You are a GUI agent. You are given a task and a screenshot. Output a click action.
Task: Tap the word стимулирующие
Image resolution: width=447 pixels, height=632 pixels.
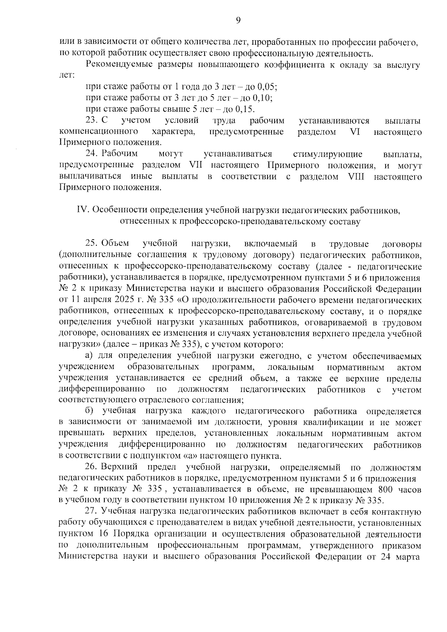coord(328,154)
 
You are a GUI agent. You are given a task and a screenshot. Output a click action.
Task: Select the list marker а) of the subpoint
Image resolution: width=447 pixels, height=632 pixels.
coord(89,356)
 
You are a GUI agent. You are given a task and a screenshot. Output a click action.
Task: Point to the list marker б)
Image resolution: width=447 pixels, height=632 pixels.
coord(89,411)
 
